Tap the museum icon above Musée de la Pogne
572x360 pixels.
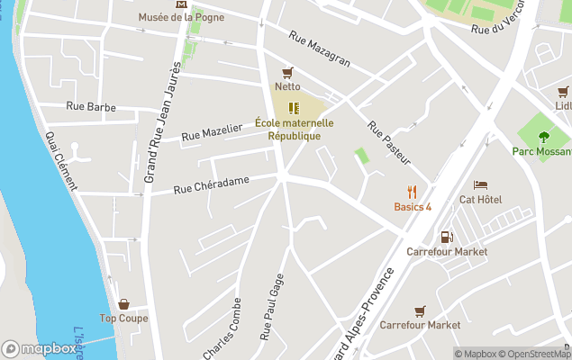click(184, 4)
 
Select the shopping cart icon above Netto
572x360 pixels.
click(287, 72)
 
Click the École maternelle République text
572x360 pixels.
click(294, 129)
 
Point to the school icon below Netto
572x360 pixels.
click(293, 108)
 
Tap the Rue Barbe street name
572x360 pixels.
click(91, 106)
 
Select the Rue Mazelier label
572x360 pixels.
click(212, 132)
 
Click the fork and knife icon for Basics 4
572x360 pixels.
click(413, 192)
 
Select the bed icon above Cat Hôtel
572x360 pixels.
click(480, 184)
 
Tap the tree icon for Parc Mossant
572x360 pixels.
click(543, 136)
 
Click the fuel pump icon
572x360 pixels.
click(446, 238)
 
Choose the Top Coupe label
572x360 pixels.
click(123, 318)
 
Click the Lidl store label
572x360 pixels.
click(563, 105)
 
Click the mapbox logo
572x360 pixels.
click(39, 348)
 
